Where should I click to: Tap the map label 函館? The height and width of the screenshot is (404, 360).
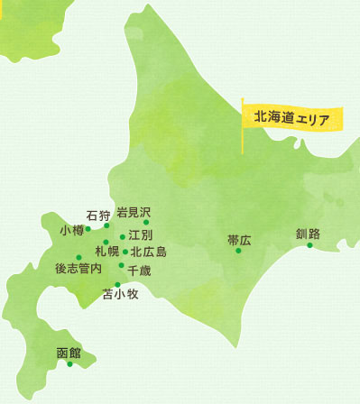click(x=69, y=352)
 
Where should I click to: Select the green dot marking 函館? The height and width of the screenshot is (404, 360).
click(x=69, y=364)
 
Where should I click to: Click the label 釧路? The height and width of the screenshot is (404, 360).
click(x=308, y=234)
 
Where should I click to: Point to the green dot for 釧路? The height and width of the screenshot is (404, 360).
click(x=309, y=245)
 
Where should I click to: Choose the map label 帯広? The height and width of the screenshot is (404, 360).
click(x=239, y=240)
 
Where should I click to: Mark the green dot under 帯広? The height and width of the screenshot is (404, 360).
click(x=238, y=251)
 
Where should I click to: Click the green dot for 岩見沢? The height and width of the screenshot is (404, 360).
click(x=145, y=222)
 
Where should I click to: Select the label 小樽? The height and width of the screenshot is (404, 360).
click(x=71, y=230)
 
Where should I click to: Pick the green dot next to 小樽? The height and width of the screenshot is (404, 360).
click(x=88, y=229)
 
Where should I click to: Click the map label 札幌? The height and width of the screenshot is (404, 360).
click(x=106, y=252)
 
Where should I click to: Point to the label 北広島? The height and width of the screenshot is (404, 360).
click(x=148, y=252)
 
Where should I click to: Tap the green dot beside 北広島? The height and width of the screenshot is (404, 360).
click(x=125, y=252)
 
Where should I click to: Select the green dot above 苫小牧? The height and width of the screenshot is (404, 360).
click(x=117, y=284)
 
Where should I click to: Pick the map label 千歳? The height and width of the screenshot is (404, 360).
click(x=140, y=270)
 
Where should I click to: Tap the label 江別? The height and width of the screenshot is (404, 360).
click(x=140, y=235)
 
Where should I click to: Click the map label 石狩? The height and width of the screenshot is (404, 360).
click(x=97, y=215)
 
